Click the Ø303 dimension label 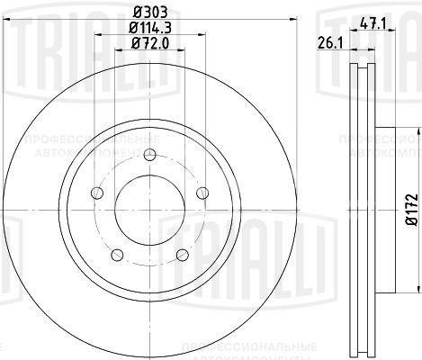150,11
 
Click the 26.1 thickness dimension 326,40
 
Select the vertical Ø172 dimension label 410,208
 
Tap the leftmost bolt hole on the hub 96,195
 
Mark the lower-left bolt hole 119,256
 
